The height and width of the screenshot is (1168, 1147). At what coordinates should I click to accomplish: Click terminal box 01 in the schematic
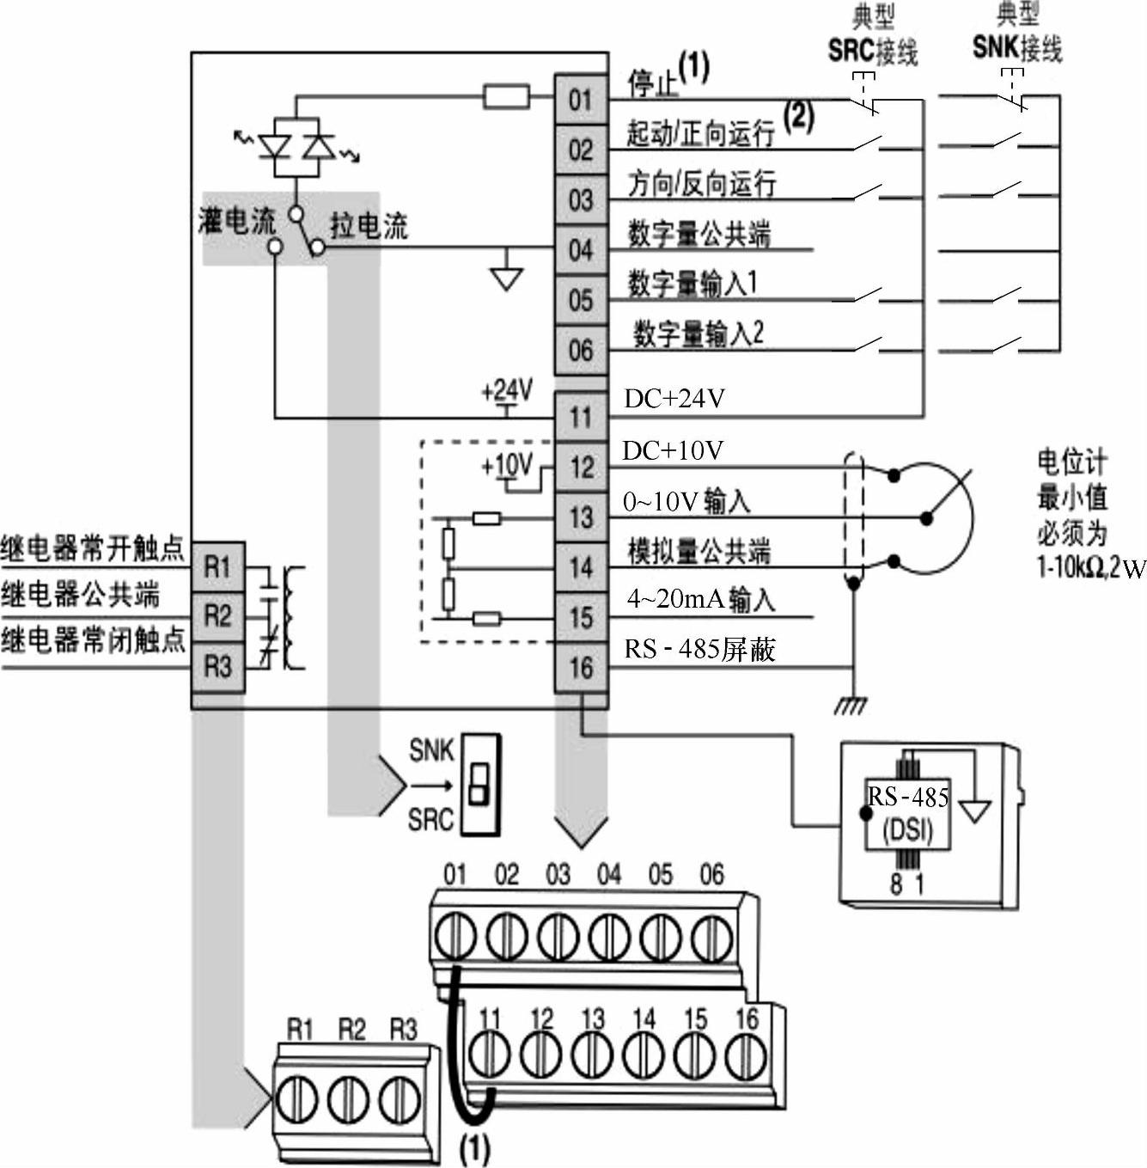pos(581,100)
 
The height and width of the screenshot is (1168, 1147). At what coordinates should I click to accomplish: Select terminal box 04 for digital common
pos(581,250)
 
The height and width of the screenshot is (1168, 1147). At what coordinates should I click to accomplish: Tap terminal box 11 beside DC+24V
pos(581,418)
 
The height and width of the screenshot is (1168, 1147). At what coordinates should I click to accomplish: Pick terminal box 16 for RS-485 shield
pos(581,667)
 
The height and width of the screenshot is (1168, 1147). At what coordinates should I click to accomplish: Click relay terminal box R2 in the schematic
pos(217,616)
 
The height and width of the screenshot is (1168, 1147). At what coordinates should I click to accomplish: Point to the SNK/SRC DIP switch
pos(479,784)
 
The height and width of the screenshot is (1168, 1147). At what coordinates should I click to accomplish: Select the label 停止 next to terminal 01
pos(653,84)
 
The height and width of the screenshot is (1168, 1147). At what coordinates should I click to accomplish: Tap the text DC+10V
pos(673,450)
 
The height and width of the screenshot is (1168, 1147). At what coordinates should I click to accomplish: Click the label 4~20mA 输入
pos(700,599)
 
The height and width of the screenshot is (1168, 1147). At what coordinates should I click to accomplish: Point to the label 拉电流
pos(369,226)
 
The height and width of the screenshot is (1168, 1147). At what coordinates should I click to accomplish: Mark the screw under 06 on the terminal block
pos(711,937)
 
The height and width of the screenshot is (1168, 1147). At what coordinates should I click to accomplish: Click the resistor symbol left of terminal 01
pos(506,96)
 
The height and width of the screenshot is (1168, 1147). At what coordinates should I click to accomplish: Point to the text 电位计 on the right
pos(1071,462)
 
